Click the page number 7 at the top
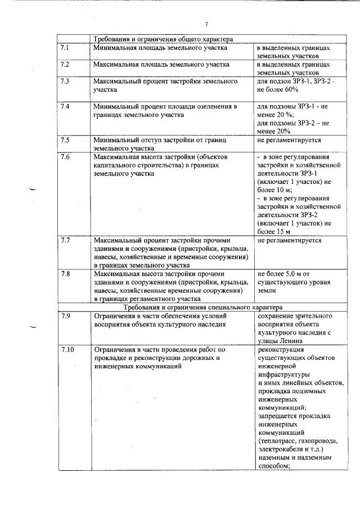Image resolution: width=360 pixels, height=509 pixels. pyautogui.click(x=206, y=24)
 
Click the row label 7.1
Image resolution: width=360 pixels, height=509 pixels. pyautogui.click(x=64, y=48)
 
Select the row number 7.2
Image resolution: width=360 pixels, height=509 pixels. pyautogui.click(x=64, y=64)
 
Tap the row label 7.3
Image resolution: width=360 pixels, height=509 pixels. pyautogui.click(x=64, y=81)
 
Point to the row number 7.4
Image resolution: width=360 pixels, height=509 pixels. pyautogui.click(x=64, y=106)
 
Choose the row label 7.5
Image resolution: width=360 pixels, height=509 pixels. pyautogui.click(x=64, y=139)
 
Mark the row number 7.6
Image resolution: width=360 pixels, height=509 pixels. pyautogui.click(x=64, y=156)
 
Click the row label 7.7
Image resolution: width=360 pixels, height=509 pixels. pyautogui.click(x=64, y=240)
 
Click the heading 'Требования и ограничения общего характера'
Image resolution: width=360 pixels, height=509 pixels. pyautogui.click(x=163, y=39)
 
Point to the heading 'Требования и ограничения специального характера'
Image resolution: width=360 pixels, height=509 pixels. pyautogui.click(x=203, y=307)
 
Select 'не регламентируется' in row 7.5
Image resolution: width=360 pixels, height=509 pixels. pyautogui.click(x=289, y=139)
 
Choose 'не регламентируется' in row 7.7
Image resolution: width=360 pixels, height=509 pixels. pyautogui.click(x=289, y=240)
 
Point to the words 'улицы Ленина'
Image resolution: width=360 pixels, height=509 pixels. pyautogui.click(x=279, y=340)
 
